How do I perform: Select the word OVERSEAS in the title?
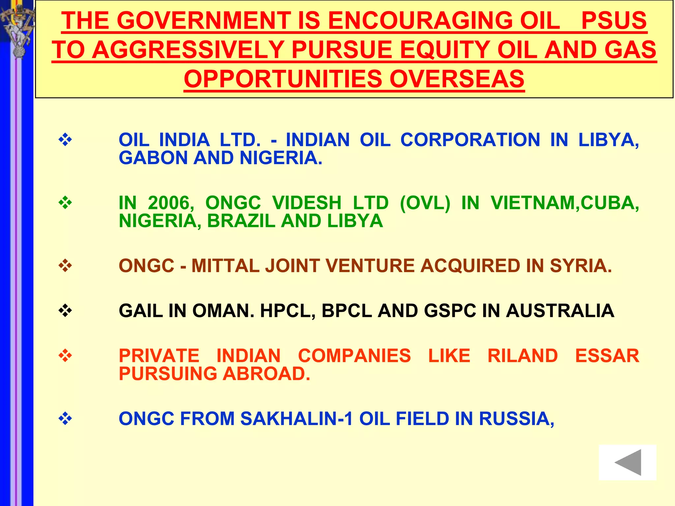pyautogui.click(x=457, y=79)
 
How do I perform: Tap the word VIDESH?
pyautogui.click(x=307, y=203)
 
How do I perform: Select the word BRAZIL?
pyautogui.click(x=241, y=221)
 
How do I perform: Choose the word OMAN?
pyautogui.click(x=223, y=311)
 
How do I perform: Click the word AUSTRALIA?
pyautogui.click(x=560, y=311)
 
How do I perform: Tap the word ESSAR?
pyautogui.click(x=607, y=356)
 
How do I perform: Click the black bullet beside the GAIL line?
pyautogui.click(x=65, y=310)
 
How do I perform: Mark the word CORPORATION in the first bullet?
pyautogui.click(x=470, y=140)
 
